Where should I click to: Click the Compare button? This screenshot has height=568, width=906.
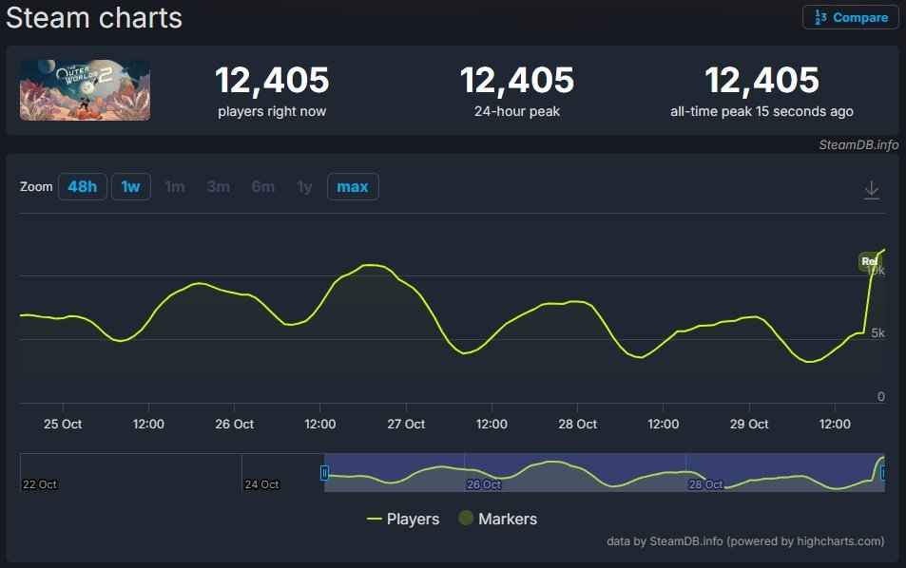point(851,17)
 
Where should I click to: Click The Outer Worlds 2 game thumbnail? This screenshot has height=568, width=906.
point(85,90)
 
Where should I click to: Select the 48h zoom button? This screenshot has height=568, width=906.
point(83,186)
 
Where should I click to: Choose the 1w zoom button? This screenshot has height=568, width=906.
point(130,186)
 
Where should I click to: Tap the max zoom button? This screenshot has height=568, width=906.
point(353,186)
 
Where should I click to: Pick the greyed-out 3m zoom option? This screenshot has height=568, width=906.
point(219,186)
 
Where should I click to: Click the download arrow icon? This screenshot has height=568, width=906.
point(871,190)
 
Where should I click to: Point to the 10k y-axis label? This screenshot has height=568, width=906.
point(876,271)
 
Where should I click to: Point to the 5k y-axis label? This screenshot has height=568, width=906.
point(877,333)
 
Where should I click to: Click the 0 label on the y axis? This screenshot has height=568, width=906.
point(881,396)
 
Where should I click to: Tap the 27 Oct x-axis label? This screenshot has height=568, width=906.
point(406,424)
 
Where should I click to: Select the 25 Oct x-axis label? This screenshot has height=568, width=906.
point(63,424)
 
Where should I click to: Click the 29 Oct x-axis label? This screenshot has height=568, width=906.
point(749,424)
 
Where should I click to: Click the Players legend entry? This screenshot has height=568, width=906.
point(403,519)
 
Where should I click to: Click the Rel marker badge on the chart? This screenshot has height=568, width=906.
point(868,261)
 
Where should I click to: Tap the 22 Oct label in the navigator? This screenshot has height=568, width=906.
point(40,484)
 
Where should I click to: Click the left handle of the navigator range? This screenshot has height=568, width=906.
point(324,473)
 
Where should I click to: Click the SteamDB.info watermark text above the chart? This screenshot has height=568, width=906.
point(858,145)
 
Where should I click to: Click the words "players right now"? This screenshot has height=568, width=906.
point(272,111)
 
